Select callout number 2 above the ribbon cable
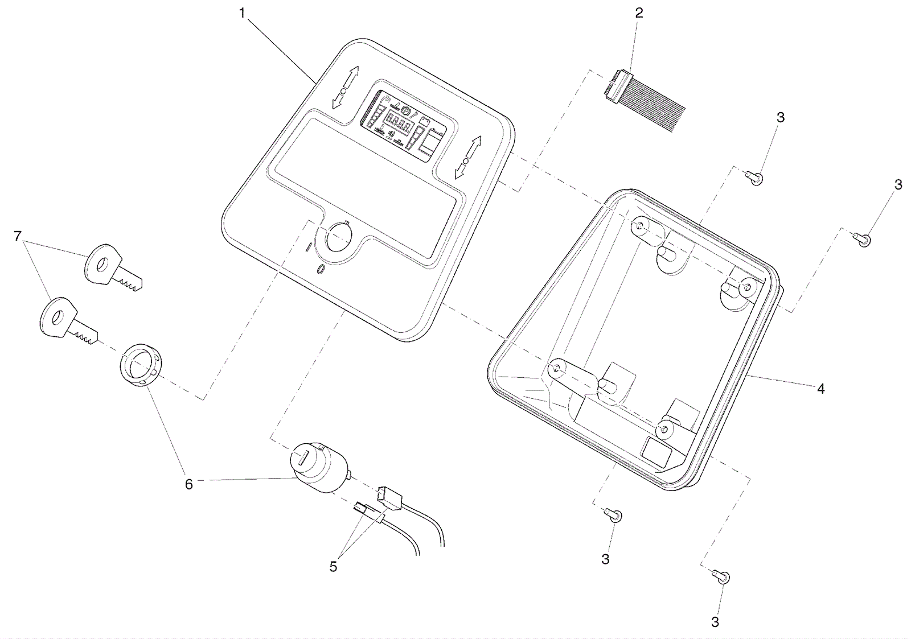point(639,13)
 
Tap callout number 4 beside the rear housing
point(820,389)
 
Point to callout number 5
point(333,566)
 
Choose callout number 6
point(188,484)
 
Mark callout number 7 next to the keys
point(18,236)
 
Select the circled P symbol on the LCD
point(407,110)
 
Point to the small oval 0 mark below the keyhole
point(321,269)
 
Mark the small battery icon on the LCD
point(424,120)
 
